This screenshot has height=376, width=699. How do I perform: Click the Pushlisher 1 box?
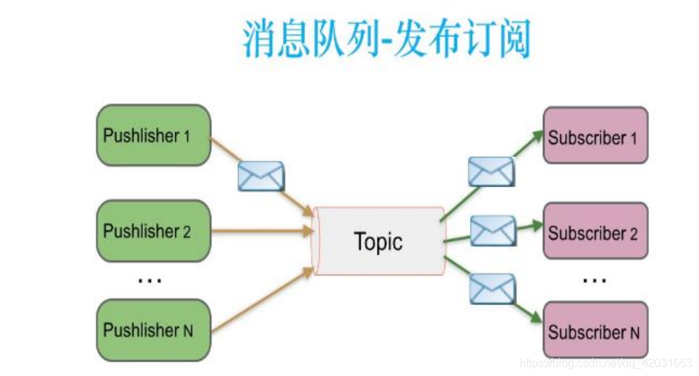coord(153,135)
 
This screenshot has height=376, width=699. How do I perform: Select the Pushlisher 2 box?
coord(153,231)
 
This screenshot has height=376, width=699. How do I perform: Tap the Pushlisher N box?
coord(153,329)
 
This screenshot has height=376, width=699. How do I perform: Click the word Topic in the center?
coord(378,242)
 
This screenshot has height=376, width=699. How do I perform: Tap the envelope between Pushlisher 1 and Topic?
coord(261,176)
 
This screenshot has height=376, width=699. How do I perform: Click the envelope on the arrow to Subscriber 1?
coord(490,171)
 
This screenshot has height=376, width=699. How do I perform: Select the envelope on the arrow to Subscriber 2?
coord(493,230)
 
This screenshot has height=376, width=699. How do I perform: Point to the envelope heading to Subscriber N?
coord(492,288)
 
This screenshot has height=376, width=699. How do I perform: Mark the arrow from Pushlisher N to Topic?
coord(262,301)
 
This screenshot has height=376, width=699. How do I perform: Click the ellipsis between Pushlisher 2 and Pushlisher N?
coord(150,280)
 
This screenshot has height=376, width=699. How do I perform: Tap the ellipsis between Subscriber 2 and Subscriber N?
coord(594,280)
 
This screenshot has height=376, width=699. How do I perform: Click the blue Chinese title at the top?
coord(386,40)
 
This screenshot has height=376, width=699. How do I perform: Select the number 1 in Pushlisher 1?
coord(186,136)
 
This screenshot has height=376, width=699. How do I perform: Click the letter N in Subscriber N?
coord(634,331)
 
